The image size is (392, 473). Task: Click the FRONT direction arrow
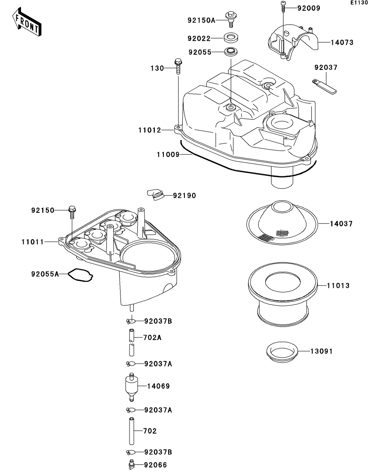click(27, 22)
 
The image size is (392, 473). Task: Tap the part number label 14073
click(342, 42)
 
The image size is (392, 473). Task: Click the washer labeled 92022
click(231, 38)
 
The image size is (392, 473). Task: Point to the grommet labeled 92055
click(231, 51)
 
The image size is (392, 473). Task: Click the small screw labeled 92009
click(283, 6)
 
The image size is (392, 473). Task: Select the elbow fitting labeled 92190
click(155, 195)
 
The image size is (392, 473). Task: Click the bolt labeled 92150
click(72, 212)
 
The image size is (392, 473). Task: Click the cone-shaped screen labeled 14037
click(282, 223)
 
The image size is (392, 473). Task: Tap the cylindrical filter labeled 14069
click(131, 387)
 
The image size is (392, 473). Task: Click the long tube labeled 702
click(132, 431)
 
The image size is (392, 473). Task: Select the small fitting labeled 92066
click(131, 464)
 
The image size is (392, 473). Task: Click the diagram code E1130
click(359, 3)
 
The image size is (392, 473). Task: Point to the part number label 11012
click(150, 130)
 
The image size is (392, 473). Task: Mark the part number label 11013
click(338, 286)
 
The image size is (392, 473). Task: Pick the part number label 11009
click(168, 155)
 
